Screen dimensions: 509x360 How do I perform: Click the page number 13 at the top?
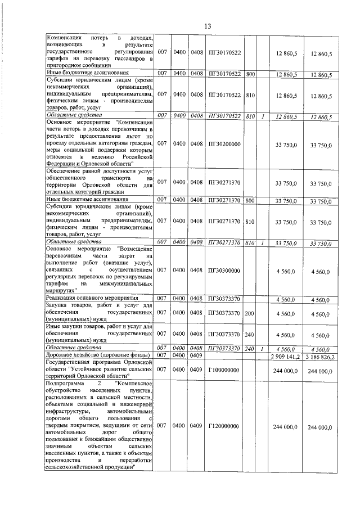(x=207, y=26)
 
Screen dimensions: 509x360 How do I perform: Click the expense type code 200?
(x=250, y=313)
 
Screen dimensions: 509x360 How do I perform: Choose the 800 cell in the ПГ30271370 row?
(x=250, y=200)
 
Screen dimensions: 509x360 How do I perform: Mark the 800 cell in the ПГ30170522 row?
(x=250, y=74)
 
